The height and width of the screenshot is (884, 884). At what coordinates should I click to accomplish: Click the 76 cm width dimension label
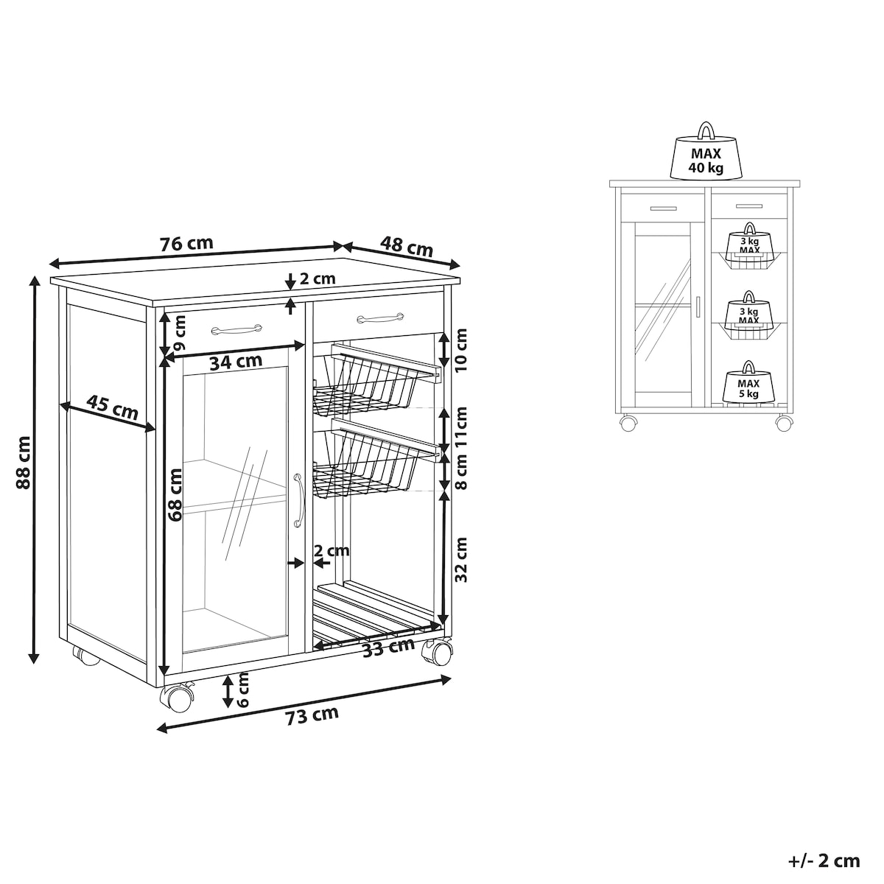tap(186, 244)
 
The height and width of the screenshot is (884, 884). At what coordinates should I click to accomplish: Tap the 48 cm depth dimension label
tap(407, 247)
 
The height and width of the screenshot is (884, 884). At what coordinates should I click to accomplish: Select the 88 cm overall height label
tap(23, 463)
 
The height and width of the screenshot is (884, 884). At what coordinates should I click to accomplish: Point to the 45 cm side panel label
tap(113, 408)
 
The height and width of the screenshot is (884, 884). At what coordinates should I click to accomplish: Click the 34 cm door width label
tap(236, 362)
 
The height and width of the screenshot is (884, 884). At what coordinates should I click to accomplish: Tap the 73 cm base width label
tap(312, 716)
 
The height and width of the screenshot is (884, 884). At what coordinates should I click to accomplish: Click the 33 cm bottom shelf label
tap(388, 648)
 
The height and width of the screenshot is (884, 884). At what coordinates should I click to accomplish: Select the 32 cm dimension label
tap(460, 560)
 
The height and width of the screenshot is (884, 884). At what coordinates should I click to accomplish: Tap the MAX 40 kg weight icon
tap(706, 151)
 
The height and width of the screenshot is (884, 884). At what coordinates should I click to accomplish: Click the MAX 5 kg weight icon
tap(748, 382)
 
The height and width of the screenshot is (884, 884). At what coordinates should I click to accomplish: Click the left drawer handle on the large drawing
tap(236, 329)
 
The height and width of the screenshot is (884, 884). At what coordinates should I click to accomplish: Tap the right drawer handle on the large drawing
tap(380, 317)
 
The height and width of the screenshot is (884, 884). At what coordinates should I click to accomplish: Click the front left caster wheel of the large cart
tap(177, 698)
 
